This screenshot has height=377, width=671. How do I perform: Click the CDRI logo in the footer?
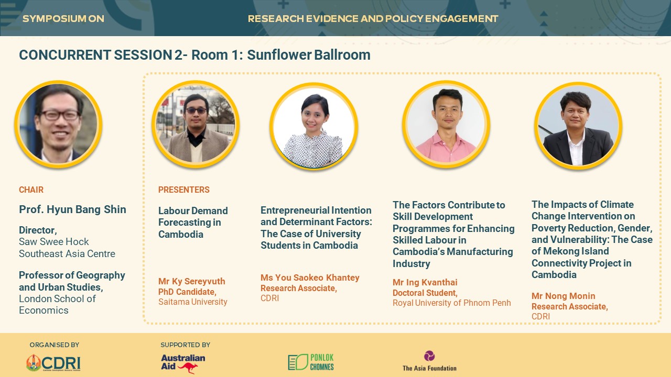pyautogui.click(x=53, y=363)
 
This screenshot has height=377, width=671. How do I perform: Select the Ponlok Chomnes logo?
pyautogui.click(x=311, y=362)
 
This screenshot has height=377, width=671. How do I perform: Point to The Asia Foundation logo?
pyautogui.click(x=429, y=361)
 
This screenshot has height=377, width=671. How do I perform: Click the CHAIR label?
pyautogui.click(x=31, y=190)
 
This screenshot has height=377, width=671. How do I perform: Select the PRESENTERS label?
pyautogui.click(x=184, y=190)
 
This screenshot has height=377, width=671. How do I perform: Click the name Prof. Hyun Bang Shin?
pyautogui.click(x=72, y=209)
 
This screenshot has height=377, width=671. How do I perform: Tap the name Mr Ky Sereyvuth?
pyautogui.click(x=192, y=281)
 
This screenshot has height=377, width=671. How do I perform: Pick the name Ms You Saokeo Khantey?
pyautogui.click(x=310, y=278)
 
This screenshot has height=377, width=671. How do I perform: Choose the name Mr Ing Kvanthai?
pyautogui.click(x=425, y=282)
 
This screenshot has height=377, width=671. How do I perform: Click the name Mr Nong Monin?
pyautogui.click(x=563, y=296)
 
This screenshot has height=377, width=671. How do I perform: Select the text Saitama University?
pyautogui.click(x=192, y=302)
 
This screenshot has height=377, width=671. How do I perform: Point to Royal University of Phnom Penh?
pyautogui.click(x=452, y=303)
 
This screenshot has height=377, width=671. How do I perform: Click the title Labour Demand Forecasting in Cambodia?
pyautogui.click(x=193, y=223)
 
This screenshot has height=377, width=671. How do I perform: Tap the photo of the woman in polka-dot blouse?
pyautogui.click(x=313, y=126)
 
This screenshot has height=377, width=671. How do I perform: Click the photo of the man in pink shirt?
pyautogui.click(x=446, y=125)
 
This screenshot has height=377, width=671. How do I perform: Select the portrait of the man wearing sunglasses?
pyautogui.click(x=196, y=124)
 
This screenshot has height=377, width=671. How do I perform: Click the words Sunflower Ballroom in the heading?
pyautogui.click(x=309, y=55)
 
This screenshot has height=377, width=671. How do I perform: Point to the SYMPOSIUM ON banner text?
pyautogui.click(x=63, y=18)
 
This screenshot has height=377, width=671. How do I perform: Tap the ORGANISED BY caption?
pyautogui.click(x=54, y=345)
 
